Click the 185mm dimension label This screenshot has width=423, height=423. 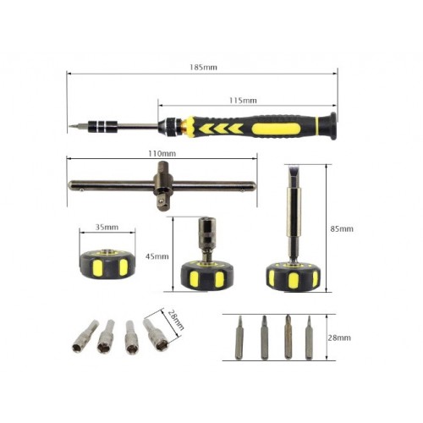[x=203, y=68]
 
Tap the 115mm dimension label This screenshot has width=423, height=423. [x=243, y=101]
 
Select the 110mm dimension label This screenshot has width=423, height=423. [x=162, y=154]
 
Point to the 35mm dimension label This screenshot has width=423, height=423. [x=107, y=228]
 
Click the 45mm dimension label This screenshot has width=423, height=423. [x=157, y=256]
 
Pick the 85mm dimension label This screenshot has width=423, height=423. [x=342, y=228]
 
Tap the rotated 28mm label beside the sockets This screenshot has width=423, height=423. [x=176, y=320]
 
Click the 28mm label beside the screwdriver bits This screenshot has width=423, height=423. [x=339, y=338]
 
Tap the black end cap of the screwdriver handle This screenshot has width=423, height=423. [x=331, y=126]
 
